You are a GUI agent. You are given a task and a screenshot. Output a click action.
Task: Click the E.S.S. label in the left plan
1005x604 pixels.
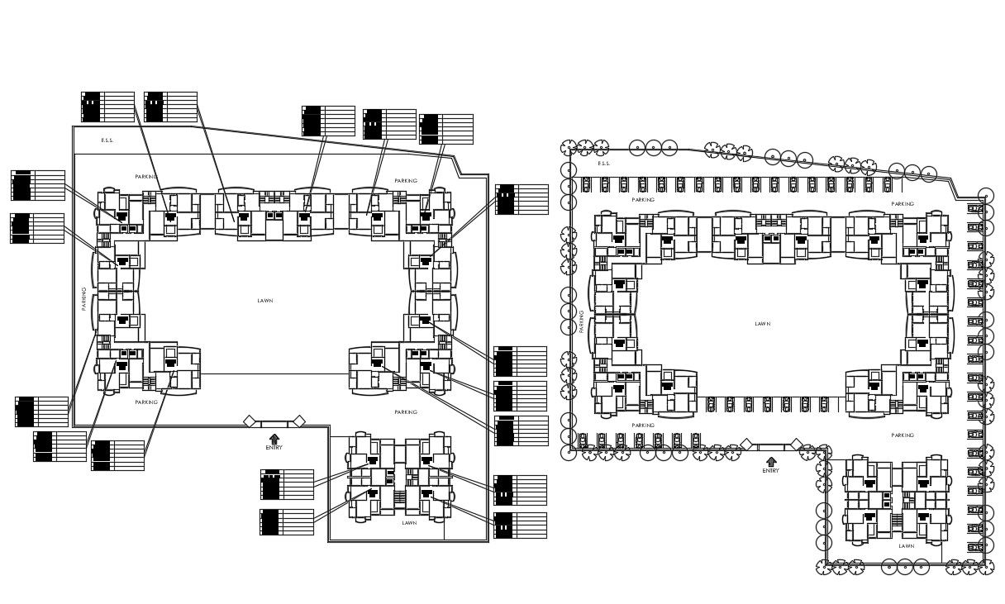pyautogui.click(x=107, y=140)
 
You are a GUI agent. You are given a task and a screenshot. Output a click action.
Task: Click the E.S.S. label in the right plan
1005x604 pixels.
pyautogui.click(x=604, y=164)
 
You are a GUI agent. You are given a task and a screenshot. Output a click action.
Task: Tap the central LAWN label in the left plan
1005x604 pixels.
pyautogui.click(x=265, y=301)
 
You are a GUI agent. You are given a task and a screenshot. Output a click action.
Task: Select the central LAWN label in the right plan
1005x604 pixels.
pyautogui.click(x=762, y=324)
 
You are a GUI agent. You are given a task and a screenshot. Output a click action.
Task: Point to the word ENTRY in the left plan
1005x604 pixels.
pyautogui.click(x=274, y=448)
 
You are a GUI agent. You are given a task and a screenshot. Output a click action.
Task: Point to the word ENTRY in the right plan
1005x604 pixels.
pyautogui.click(x=770, y=471)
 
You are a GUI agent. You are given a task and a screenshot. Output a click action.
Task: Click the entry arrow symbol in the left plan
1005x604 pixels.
pyautogui.click(x=274, y=438)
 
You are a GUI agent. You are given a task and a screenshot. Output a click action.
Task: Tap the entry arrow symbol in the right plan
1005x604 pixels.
pyautogui.click(x=770, y=461)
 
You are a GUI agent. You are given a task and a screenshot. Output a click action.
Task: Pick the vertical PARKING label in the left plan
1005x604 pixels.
pyautogui.click(x=84, y=298)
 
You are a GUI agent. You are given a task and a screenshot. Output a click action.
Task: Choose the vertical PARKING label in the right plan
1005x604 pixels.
pyautogui.click(x=581, y=321)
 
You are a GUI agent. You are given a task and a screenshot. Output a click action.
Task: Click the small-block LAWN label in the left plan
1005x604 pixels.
pyautogui.click(x=409, y=523)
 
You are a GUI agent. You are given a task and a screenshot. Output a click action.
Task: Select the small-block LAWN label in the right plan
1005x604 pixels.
pyautogui.click(x=907, y=546)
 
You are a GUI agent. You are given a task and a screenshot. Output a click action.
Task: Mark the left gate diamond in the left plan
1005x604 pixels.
pyautogui.click(x=249, y=421)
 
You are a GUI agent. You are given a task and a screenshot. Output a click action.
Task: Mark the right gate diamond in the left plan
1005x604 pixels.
pyautogui.click(x=299, y=421)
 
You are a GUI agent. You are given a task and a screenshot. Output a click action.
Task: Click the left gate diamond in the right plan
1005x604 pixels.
pyautogui.click(x=745, y=445)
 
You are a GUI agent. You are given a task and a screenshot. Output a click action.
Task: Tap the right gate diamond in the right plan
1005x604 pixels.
pyautogui.click(x=796, y=445)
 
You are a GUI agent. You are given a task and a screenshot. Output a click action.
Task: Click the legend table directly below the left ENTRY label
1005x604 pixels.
pyautogui.click(x=287, y=484)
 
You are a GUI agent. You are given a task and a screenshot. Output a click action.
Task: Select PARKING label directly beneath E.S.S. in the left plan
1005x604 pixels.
pyautogui.click(x=146, y=177)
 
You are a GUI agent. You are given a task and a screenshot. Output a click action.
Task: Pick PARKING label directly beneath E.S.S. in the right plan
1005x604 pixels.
pyautogui.click(x=643, y=200)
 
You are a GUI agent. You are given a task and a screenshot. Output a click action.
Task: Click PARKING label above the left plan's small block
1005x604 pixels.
pyautogui.click(x=406, y=412)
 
